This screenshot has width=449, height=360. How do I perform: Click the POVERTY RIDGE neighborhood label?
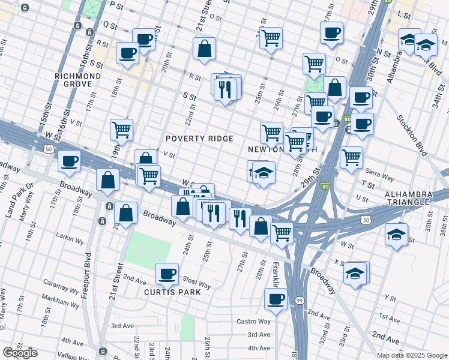coord(199,139)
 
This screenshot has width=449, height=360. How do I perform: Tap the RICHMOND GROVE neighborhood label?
coord(77,81)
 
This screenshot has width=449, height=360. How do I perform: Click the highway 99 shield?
coord(299,299)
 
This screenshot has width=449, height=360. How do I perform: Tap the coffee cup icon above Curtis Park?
coord(167,274)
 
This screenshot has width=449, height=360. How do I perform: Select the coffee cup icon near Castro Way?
coord(276,298)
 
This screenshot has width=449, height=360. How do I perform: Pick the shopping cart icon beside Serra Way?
coord(351,157)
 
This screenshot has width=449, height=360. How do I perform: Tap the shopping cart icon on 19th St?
coord(121,128)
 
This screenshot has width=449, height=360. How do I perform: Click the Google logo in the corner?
coord(20,353)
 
